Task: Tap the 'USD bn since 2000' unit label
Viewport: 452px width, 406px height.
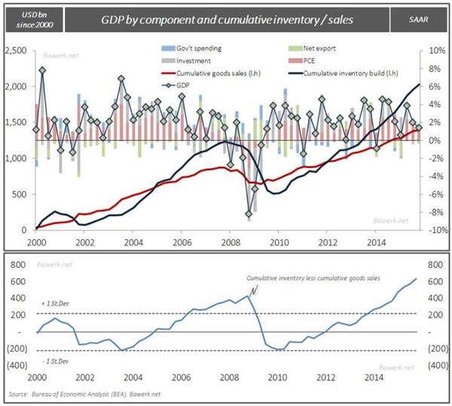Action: tap(29, 17)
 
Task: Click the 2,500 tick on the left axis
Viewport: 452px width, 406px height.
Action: tap(17, 51)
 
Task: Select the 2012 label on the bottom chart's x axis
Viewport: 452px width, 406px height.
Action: tap(325, 377)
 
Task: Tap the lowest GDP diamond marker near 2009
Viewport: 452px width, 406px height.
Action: tap(249, 215)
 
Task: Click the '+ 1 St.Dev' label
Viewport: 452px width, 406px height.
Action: tap(52, 301)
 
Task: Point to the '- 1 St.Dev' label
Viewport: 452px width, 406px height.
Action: tap(51, 362)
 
